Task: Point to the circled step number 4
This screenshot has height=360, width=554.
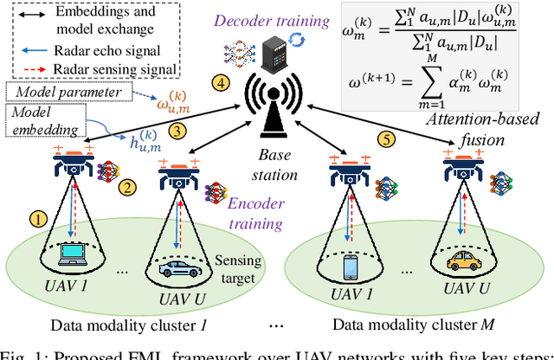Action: coord(222,83)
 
